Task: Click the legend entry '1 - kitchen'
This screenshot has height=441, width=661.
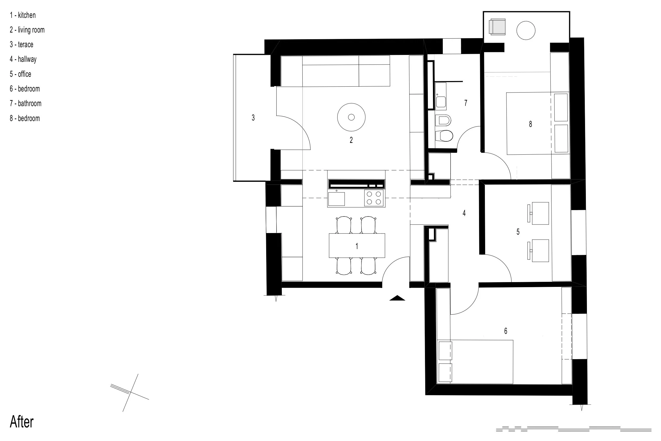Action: click(23, 15)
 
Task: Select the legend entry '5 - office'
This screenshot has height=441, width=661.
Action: click(21, 74)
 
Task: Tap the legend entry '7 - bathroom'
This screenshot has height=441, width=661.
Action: click(26, 103)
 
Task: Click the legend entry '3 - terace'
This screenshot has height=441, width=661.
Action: click(22, 45)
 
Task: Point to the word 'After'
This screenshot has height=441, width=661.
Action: click(22, 422)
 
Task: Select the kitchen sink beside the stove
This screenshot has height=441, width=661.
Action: click(336, 199)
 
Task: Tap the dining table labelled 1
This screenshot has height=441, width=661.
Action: click(357, 245)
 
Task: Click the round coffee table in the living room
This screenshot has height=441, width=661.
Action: click(351, 117)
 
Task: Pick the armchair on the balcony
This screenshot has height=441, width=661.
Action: click(497, 27)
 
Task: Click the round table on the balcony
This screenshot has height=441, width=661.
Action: click(526, 30)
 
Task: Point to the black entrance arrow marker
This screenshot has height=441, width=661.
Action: click(397, 298)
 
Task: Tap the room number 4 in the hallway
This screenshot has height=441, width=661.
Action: click(464, 213)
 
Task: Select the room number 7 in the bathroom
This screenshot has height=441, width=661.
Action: click(466, 103)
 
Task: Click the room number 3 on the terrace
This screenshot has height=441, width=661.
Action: click(253, 118)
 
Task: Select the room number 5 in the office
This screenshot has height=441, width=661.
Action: click(518, 232)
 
